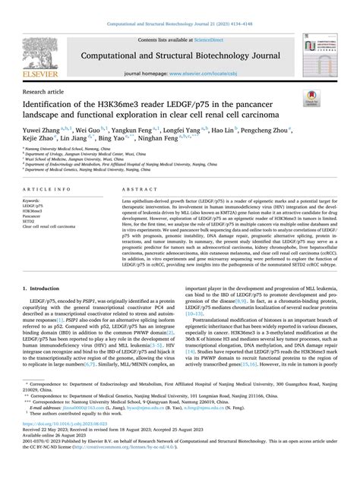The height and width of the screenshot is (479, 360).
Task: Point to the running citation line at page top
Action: tap(179, 5)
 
